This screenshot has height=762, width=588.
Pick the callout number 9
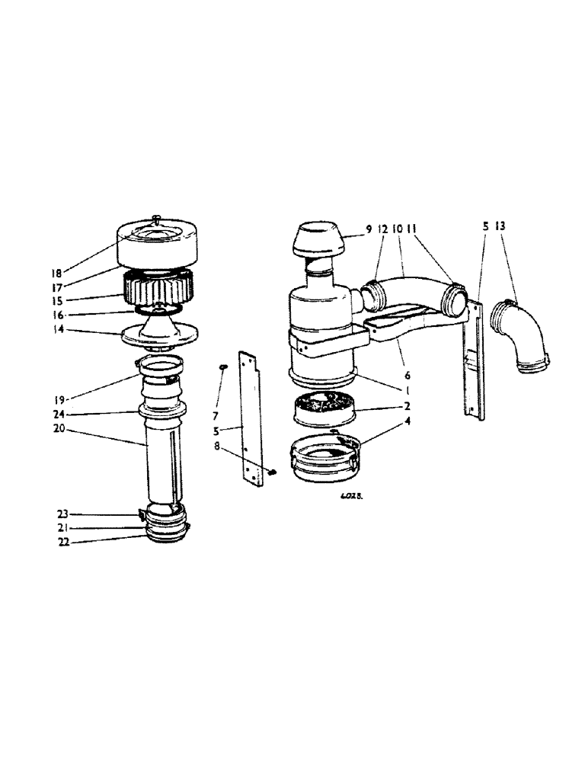click(x=369, y=228)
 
